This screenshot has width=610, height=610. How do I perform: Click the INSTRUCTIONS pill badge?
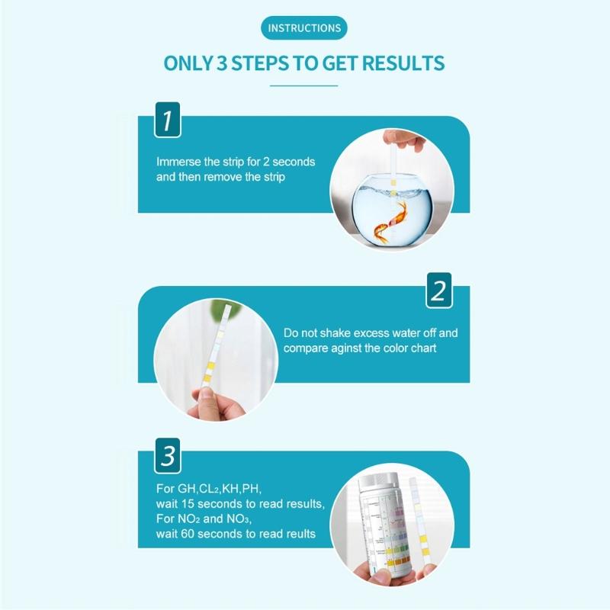tap(304, 28)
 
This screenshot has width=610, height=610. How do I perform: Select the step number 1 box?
tap(168, 120)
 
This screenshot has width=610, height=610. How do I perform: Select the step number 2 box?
tap(438, 291)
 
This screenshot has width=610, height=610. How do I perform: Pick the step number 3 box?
tap(168, 457)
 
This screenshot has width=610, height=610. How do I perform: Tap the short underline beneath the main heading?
tap(304, 85)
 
